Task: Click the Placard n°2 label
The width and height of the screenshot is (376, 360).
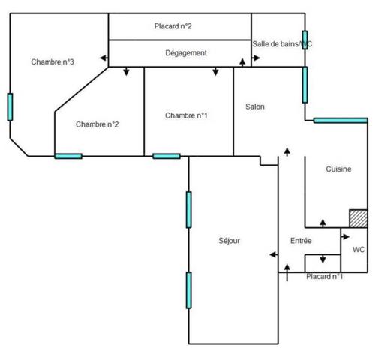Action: point(173,26)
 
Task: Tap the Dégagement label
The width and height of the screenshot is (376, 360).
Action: point(186,53)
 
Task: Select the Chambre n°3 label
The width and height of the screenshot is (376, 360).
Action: point(53,61)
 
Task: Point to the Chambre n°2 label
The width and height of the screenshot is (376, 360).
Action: point(97,124)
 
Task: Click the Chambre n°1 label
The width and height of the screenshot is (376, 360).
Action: point(186,115)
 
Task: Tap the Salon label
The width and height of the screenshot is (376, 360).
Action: point(255,106)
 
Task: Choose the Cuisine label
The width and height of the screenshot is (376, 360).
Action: point(338,169)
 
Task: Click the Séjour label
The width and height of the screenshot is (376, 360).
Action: point(229,241)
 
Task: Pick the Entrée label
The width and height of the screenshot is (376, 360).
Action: point(301,241)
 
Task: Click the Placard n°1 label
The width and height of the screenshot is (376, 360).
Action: point(324,277)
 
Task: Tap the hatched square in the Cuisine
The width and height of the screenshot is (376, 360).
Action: point(359,218)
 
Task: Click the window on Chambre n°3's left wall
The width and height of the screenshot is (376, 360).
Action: point(10,107)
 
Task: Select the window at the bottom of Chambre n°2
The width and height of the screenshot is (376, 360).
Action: point(68,156)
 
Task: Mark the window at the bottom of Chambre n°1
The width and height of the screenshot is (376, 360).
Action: point(167,156)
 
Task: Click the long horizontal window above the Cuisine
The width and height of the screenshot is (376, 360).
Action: point(341,121)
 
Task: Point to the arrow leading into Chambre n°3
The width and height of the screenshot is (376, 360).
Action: point(104,58)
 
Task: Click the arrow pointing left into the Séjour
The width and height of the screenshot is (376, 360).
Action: point(274,254)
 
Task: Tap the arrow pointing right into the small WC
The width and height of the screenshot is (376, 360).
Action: point(345,236)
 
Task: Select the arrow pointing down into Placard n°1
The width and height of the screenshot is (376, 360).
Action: point(323,259)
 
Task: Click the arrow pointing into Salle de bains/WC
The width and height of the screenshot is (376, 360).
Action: point(256,58)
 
